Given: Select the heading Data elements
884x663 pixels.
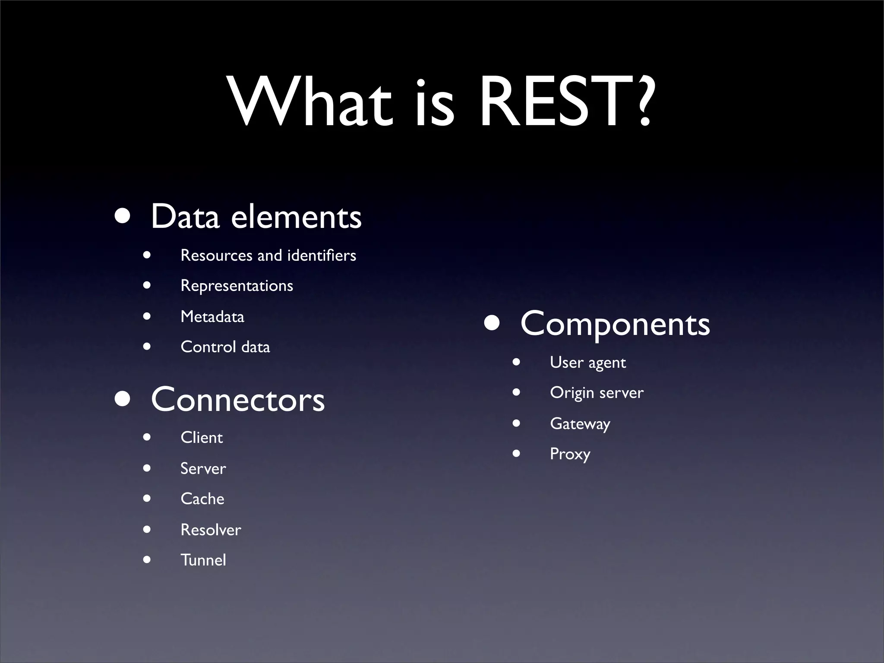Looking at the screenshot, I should click(x=256, y=217).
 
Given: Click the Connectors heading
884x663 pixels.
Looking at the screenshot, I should click(x=237, y=400).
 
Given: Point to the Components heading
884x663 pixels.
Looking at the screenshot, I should click(x=615, y=324).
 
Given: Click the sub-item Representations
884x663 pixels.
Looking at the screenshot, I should click(x=237, y=286).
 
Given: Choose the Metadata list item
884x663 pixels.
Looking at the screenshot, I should click(x=212, y=316).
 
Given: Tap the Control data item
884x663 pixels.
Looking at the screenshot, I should click(x=225, y=347).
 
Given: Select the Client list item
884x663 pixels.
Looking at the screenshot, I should click(x=202, y=438).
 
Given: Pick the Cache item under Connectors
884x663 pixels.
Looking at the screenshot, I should click(x=202, y=499).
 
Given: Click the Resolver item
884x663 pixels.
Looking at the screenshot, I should click(x=211, y=530).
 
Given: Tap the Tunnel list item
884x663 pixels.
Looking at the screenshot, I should click(x=203, y=560).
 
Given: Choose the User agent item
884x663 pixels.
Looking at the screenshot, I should click(x=587, y=363).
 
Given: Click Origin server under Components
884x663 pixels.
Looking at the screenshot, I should click(x=597, y=393).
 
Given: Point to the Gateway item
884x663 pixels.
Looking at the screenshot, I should click(x=580, y=423).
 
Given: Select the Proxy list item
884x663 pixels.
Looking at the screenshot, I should click(x=570, y=454).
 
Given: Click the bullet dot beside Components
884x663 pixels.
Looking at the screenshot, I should click(x=492, y=323).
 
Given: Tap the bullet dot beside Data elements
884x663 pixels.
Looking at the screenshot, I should click(x=123, y=216).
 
